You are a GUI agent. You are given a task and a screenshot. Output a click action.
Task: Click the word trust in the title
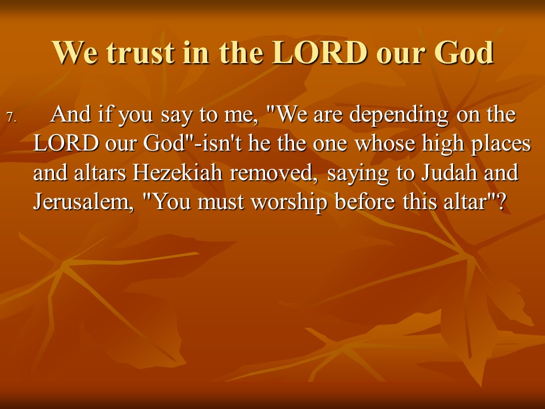[x=140, y=53]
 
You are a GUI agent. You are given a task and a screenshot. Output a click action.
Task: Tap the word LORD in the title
[x=320, y=52]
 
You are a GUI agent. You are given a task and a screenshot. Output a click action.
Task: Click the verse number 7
[x=11, y=118]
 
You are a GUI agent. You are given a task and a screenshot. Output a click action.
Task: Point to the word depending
[x=399, y=115]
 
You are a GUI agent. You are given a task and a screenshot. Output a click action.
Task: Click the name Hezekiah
[x=177, y=173]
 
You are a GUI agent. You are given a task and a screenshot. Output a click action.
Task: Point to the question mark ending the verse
[x=500, y=202]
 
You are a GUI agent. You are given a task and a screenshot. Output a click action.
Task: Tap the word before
[x=365, y=202]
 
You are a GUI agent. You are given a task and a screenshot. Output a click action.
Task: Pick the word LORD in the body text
[x=66, y=143]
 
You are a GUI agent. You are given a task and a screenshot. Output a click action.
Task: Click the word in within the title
[x=196, y=53]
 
